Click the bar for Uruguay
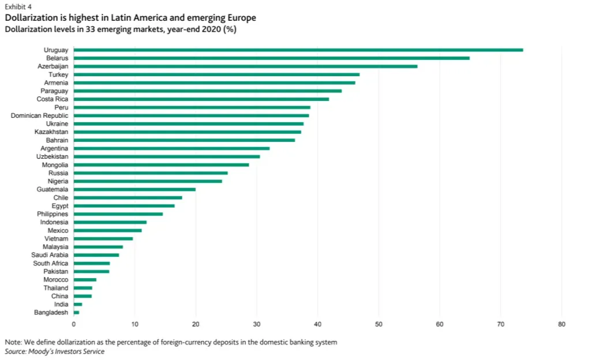point(298,50)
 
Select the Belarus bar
point(271,58)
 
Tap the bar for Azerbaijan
point(245,66)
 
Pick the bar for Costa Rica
point(201,99)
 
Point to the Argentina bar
point(171,148)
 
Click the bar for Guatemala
point(134,189)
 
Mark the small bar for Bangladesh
point(76,312)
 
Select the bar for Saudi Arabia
point(96,255)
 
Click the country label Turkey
point(58,75)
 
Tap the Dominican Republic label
point(39,116)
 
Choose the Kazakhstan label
point(51,132)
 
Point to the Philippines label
point(53,214)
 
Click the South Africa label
point(50,263)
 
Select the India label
point(61,304)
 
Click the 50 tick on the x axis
point(379,324)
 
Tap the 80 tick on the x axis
point(562,324)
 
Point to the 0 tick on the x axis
point(74,324)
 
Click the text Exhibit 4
point(18,7)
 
